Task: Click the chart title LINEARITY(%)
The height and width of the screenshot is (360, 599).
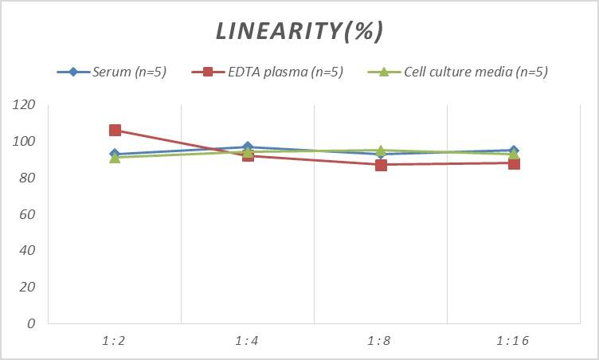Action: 299,30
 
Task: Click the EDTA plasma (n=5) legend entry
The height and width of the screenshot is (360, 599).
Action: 268,72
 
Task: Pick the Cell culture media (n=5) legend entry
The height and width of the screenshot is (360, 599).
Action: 457,72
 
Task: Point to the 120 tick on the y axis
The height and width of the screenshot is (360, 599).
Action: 25,105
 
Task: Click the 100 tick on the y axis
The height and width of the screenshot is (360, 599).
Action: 25,142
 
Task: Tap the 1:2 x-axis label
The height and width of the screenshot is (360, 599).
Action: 115,341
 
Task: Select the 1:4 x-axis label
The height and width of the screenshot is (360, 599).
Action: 248,341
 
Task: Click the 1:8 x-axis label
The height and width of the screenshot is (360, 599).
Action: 381,341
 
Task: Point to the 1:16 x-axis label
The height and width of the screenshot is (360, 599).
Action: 513,341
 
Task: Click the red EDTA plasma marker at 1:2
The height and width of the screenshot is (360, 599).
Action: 115,131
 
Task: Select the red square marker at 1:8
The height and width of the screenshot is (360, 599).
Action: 381,165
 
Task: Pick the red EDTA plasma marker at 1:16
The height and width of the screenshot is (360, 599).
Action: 514,163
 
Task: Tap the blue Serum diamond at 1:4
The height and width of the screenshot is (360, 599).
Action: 248,147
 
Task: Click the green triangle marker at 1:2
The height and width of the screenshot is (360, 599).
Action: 115,158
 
